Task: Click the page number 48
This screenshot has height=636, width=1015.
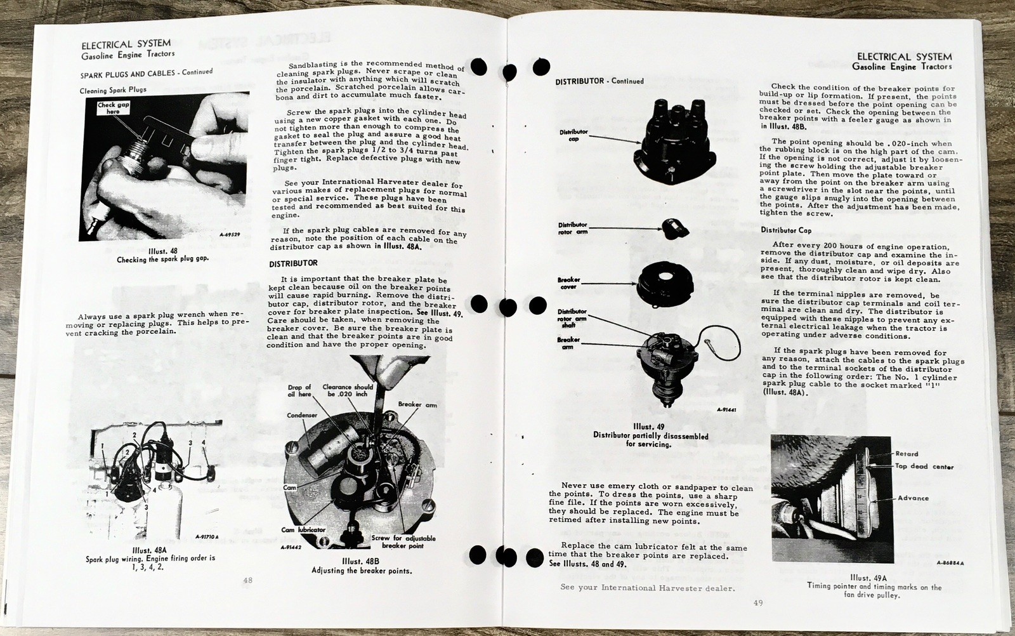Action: [247, 580]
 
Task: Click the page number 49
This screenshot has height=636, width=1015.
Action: [758, 603]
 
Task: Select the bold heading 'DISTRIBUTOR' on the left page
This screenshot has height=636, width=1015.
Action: [292, 263]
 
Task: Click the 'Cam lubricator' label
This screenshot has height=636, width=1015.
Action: [303, 529]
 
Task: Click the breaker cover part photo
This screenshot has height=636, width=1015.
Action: [669, 283]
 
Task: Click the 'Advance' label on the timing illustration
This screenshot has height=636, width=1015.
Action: [913, 498]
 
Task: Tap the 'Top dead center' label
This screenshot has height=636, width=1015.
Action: [924, 467]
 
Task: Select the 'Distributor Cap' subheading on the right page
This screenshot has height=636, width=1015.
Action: [786, 230]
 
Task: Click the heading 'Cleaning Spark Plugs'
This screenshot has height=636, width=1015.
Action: [113, 89]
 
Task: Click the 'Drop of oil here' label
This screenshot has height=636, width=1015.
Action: [299, 390]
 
